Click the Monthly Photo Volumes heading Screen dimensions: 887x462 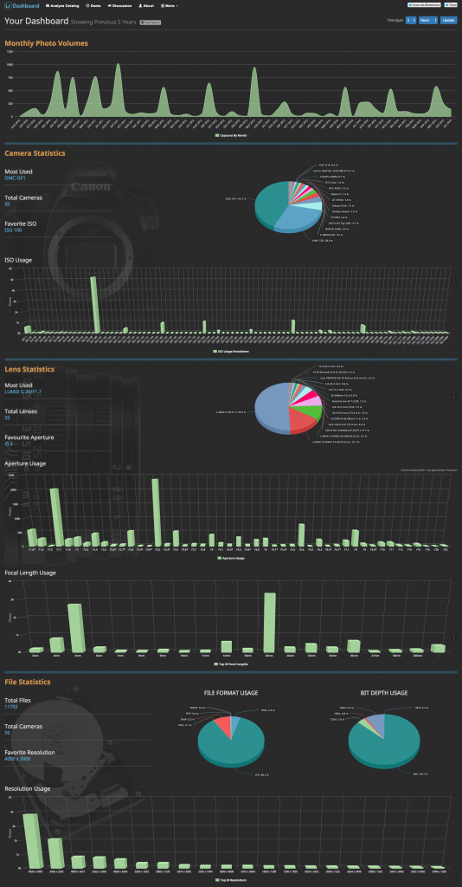click(46, 42)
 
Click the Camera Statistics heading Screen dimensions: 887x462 click(35, 153)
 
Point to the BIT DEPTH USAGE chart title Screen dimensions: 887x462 click(383, 694)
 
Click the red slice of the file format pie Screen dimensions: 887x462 click(221, 726)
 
